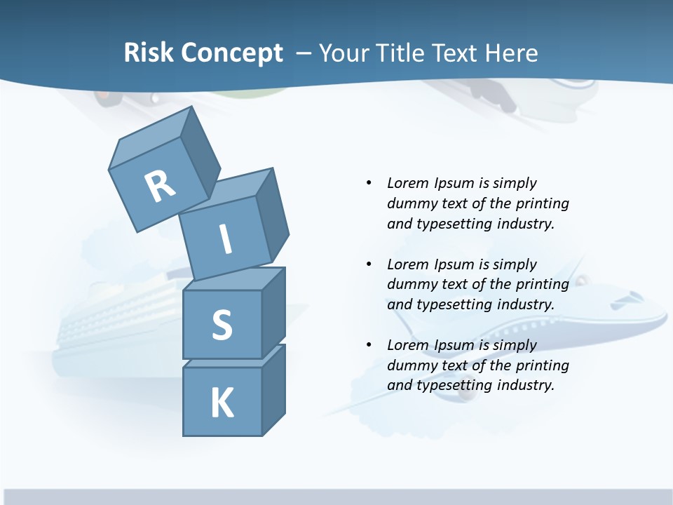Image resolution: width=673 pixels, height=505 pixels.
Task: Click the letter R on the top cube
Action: point(160,186)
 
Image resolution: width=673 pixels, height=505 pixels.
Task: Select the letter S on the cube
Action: point(222,325)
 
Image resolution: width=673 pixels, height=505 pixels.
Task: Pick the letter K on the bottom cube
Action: point(222,403)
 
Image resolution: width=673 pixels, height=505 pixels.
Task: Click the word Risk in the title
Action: point(148,53)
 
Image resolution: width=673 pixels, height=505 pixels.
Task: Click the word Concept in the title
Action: point(232,53)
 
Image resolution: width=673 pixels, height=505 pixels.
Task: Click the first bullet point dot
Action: point(369,183)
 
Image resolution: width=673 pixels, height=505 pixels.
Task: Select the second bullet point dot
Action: point(369,264)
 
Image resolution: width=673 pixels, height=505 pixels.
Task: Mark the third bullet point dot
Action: point(369,345)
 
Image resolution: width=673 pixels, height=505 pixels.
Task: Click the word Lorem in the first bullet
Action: point(408,183)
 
